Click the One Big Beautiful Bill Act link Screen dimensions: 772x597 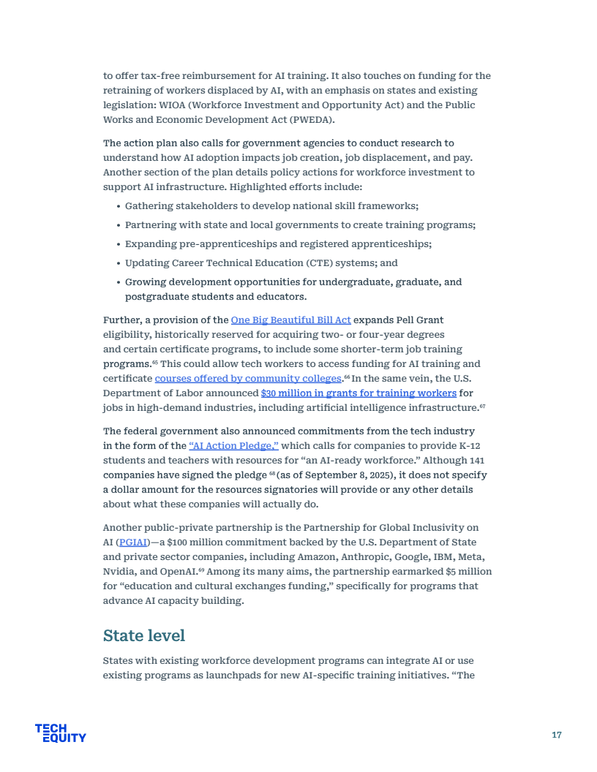[290, 320]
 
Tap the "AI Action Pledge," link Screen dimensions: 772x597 [233, 446]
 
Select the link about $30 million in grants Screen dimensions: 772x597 [358, 393]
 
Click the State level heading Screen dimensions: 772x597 [144, 635]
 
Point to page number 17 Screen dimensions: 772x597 [557, 735]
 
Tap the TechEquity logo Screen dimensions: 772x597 [60, 733]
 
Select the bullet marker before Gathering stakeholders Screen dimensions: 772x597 [118, 207]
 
